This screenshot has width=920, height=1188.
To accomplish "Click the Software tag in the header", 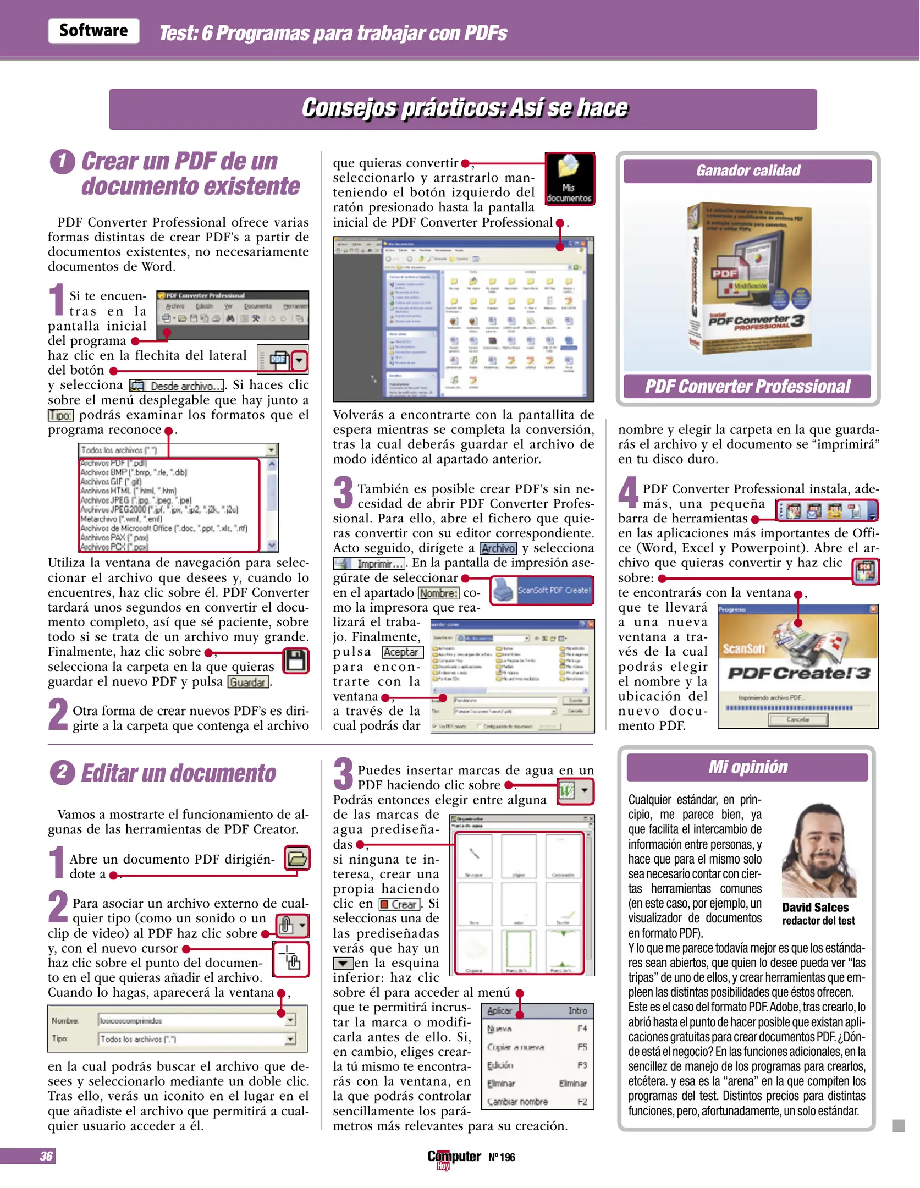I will tap(93, 31).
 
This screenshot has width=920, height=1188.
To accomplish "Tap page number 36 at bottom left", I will tap(46, 1156).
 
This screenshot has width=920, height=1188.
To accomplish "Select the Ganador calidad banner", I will tap(747, 171).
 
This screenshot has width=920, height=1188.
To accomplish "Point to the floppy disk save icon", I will tap(296, 661).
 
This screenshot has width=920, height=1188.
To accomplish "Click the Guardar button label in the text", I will tap(248, 683).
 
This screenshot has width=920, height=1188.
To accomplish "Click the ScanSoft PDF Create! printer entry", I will tap(542, 590).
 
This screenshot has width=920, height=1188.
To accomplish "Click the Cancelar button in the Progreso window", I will tap(797, 719).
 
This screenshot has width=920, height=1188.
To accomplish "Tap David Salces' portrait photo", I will tap(819, 850).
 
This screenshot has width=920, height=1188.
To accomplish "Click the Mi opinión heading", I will tap(747, 767).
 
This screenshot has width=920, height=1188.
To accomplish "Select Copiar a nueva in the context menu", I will tap(515, 1047).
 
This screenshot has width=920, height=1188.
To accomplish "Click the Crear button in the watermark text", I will tap(400, 904).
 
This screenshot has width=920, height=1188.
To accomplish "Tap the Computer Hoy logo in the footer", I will tap(454, 1158).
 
